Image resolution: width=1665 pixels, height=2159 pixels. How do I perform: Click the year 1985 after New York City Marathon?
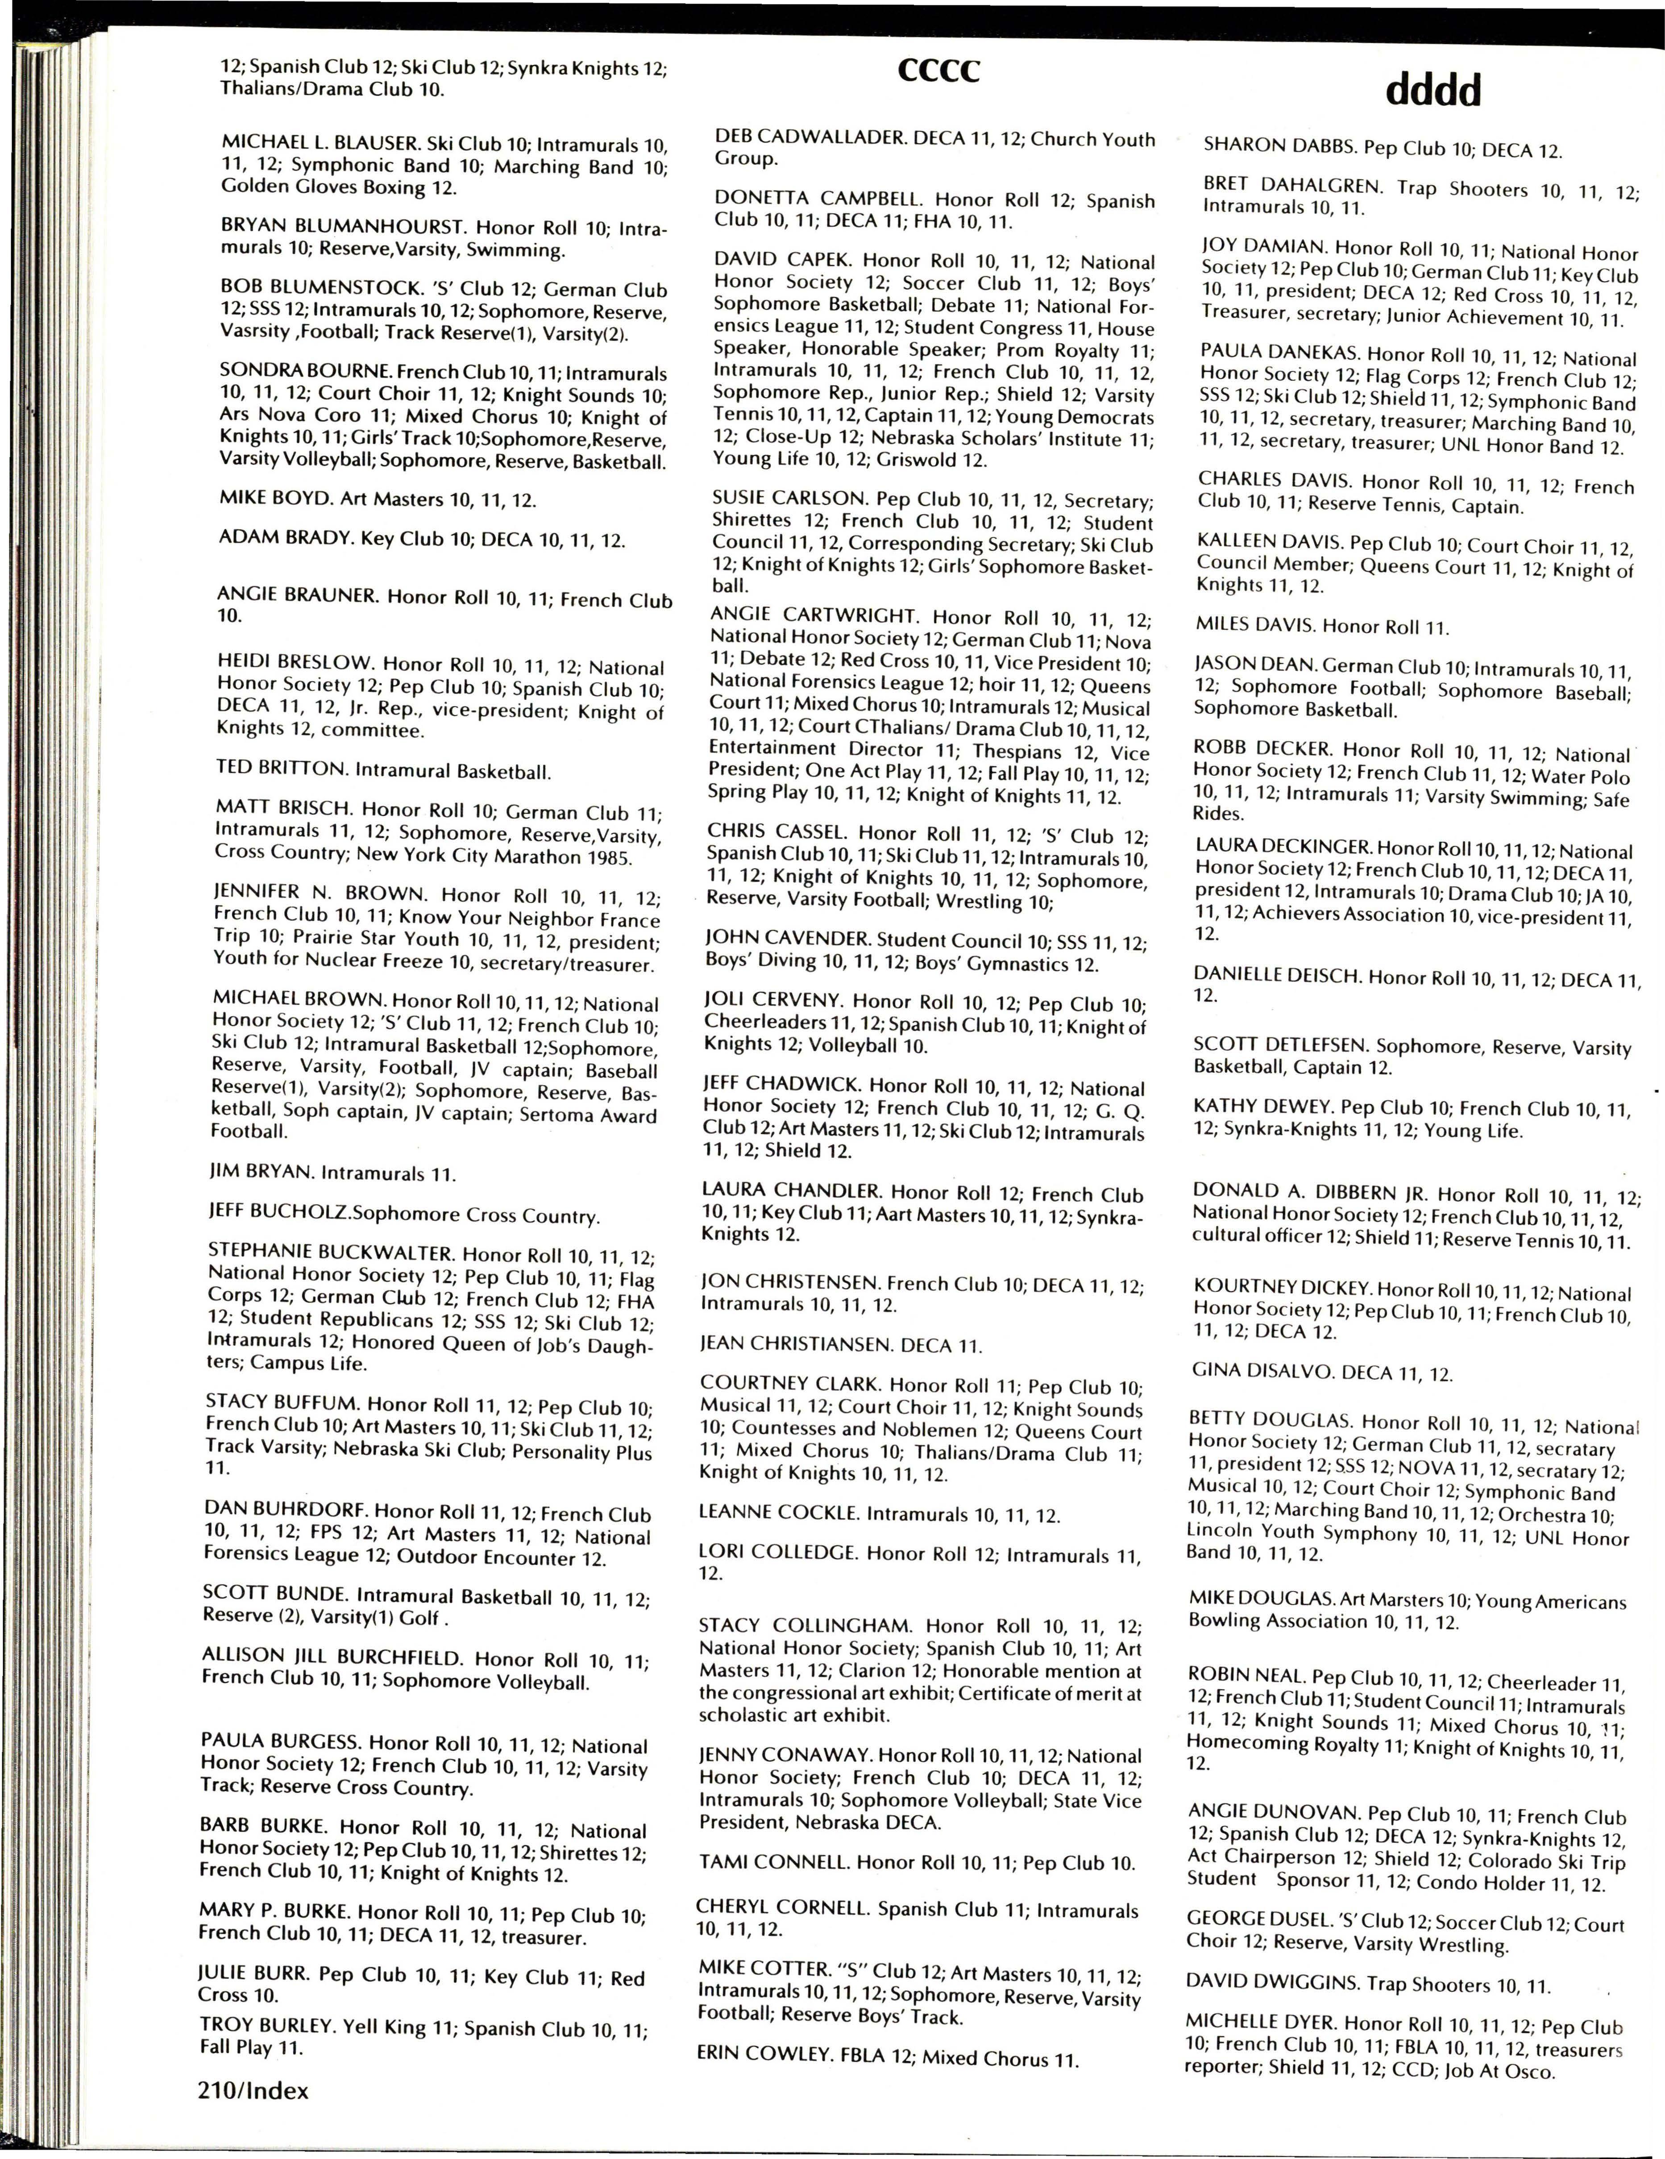(608, 856)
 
